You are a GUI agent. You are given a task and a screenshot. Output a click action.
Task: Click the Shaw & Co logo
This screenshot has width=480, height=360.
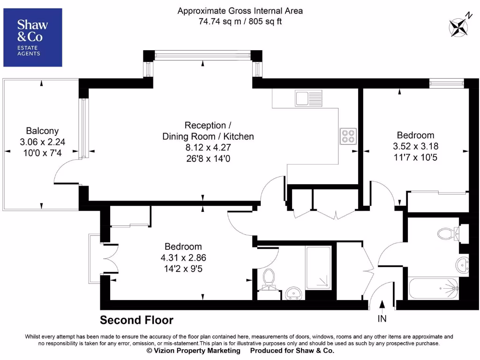[x=32, y=37]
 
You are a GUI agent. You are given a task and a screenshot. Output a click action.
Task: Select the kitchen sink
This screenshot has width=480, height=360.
[x=307, y=98]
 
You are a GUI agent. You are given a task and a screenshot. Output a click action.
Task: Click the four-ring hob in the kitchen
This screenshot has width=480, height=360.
[x=348, y=136]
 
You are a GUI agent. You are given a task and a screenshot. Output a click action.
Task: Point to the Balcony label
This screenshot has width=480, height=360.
[x=42, y=131]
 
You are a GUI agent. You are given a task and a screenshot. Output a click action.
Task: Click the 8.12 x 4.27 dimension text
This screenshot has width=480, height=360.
[x=208, y=148]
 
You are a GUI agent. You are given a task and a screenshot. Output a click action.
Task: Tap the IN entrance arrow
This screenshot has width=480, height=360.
[x=382, y=311]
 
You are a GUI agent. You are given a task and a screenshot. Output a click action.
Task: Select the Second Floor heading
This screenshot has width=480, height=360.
[x=136, y=320]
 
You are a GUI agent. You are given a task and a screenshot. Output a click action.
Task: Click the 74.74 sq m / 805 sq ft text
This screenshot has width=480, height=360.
[x=240, y=21]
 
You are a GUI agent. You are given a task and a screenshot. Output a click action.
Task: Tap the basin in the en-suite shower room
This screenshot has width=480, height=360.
[x=294, y=293]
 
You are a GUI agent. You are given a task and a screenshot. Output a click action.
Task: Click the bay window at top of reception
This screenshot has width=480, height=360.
[x=202, y=56]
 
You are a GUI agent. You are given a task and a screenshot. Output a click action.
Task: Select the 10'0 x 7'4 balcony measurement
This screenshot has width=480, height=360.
[x=42, y=153]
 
